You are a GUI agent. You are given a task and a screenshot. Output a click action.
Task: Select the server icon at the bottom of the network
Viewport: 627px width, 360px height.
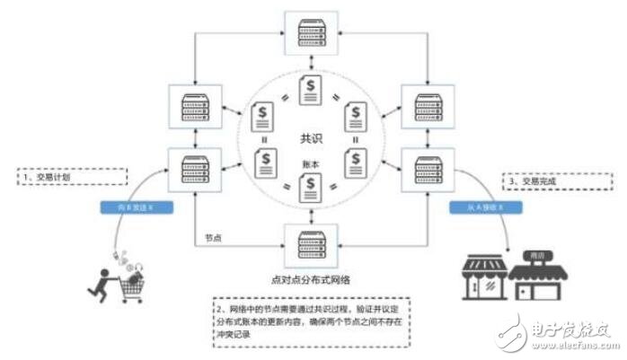[310, 241]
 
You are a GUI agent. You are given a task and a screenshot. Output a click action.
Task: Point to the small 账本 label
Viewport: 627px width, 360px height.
[311, 167]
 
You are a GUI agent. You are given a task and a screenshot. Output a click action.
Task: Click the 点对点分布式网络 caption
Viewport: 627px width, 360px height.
[310, 277]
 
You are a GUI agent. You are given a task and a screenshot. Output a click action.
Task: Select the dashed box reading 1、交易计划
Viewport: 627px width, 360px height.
[72, 177]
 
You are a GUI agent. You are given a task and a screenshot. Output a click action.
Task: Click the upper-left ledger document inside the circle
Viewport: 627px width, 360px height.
[264, 115]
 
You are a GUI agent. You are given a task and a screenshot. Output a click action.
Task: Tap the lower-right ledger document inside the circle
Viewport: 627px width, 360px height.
[357, 162]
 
